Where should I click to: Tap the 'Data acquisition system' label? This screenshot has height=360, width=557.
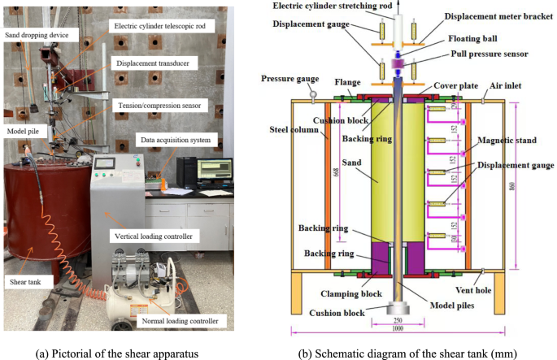[x=176, y=140]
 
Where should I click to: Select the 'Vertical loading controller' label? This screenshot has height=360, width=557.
[x=150, y=235]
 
